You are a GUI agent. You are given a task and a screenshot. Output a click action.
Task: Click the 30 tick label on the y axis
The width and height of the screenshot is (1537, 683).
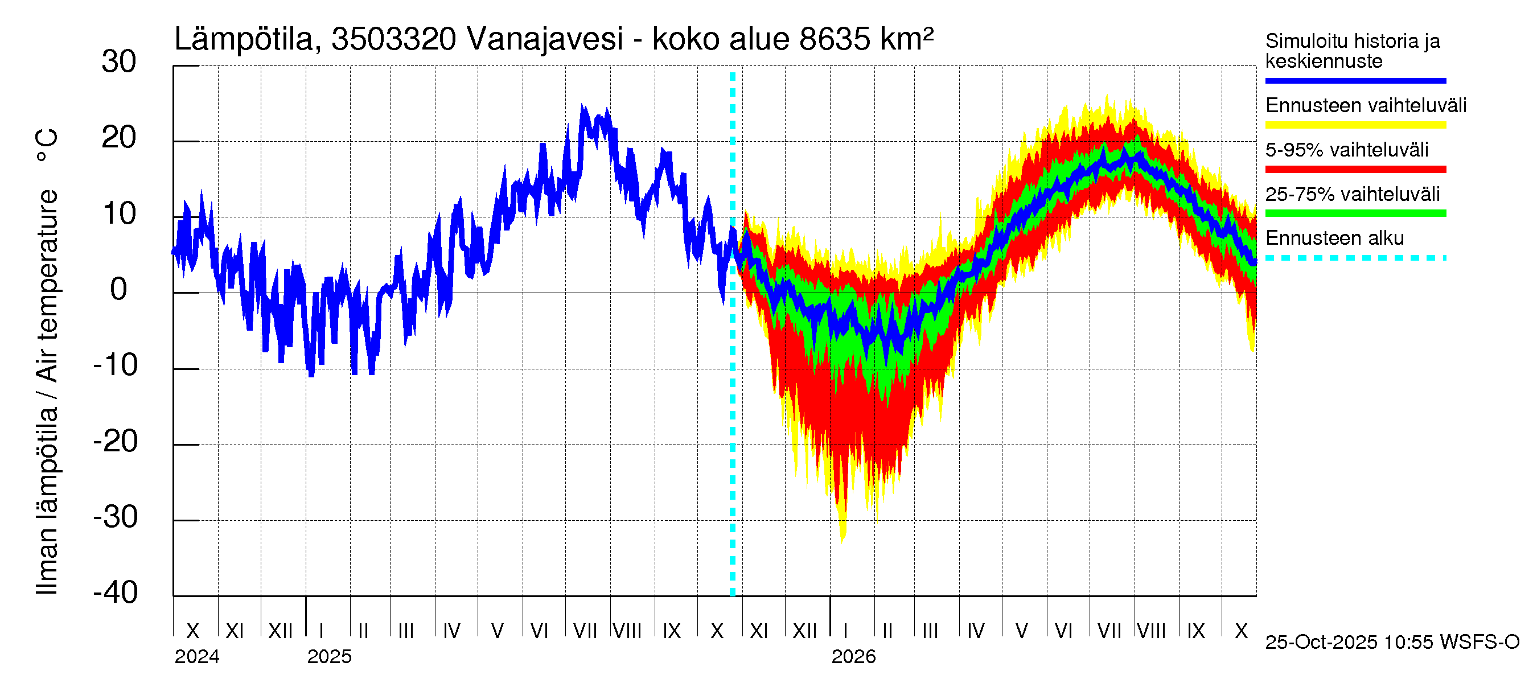119,62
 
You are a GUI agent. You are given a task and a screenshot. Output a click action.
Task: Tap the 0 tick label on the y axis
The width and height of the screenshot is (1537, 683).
119,290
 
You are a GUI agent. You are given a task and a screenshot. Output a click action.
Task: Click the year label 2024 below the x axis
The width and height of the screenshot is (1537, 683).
197,657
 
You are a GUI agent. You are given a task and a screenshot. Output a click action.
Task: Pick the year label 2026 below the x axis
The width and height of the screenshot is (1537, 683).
853,657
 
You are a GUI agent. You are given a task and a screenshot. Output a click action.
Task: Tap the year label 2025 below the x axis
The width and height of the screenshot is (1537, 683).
330,657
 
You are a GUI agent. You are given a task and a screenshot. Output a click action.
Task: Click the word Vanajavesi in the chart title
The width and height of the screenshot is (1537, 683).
545,39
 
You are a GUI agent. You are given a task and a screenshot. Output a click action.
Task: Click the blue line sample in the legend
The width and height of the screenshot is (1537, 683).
1355,80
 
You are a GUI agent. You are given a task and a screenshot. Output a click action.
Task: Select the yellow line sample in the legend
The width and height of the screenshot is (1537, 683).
1355,125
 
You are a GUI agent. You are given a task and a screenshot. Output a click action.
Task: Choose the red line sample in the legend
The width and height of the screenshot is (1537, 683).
1355,170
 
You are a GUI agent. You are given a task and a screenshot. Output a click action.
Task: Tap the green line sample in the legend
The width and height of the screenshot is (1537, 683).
1355,213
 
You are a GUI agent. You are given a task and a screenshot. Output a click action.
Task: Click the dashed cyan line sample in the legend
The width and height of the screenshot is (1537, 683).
1355,258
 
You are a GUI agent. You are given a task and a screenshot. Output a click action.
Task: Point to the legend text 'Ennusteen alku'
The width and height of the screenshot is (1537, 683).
1334,238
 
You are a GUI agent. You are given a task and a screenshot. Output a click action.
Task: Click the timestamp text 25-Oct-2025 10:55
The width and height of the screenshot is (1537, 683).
1351,643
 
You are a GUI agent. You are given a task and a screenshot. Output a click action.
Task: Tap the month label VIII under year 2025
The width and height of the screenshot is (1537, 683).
627,631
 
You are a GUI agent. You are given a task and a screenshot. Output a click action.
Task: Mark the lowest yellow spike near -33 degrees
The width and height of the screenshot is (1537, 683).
843,540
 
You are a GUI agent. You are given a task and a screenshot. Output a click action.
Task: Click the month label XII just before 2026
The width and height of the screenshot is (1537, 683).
804,631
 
